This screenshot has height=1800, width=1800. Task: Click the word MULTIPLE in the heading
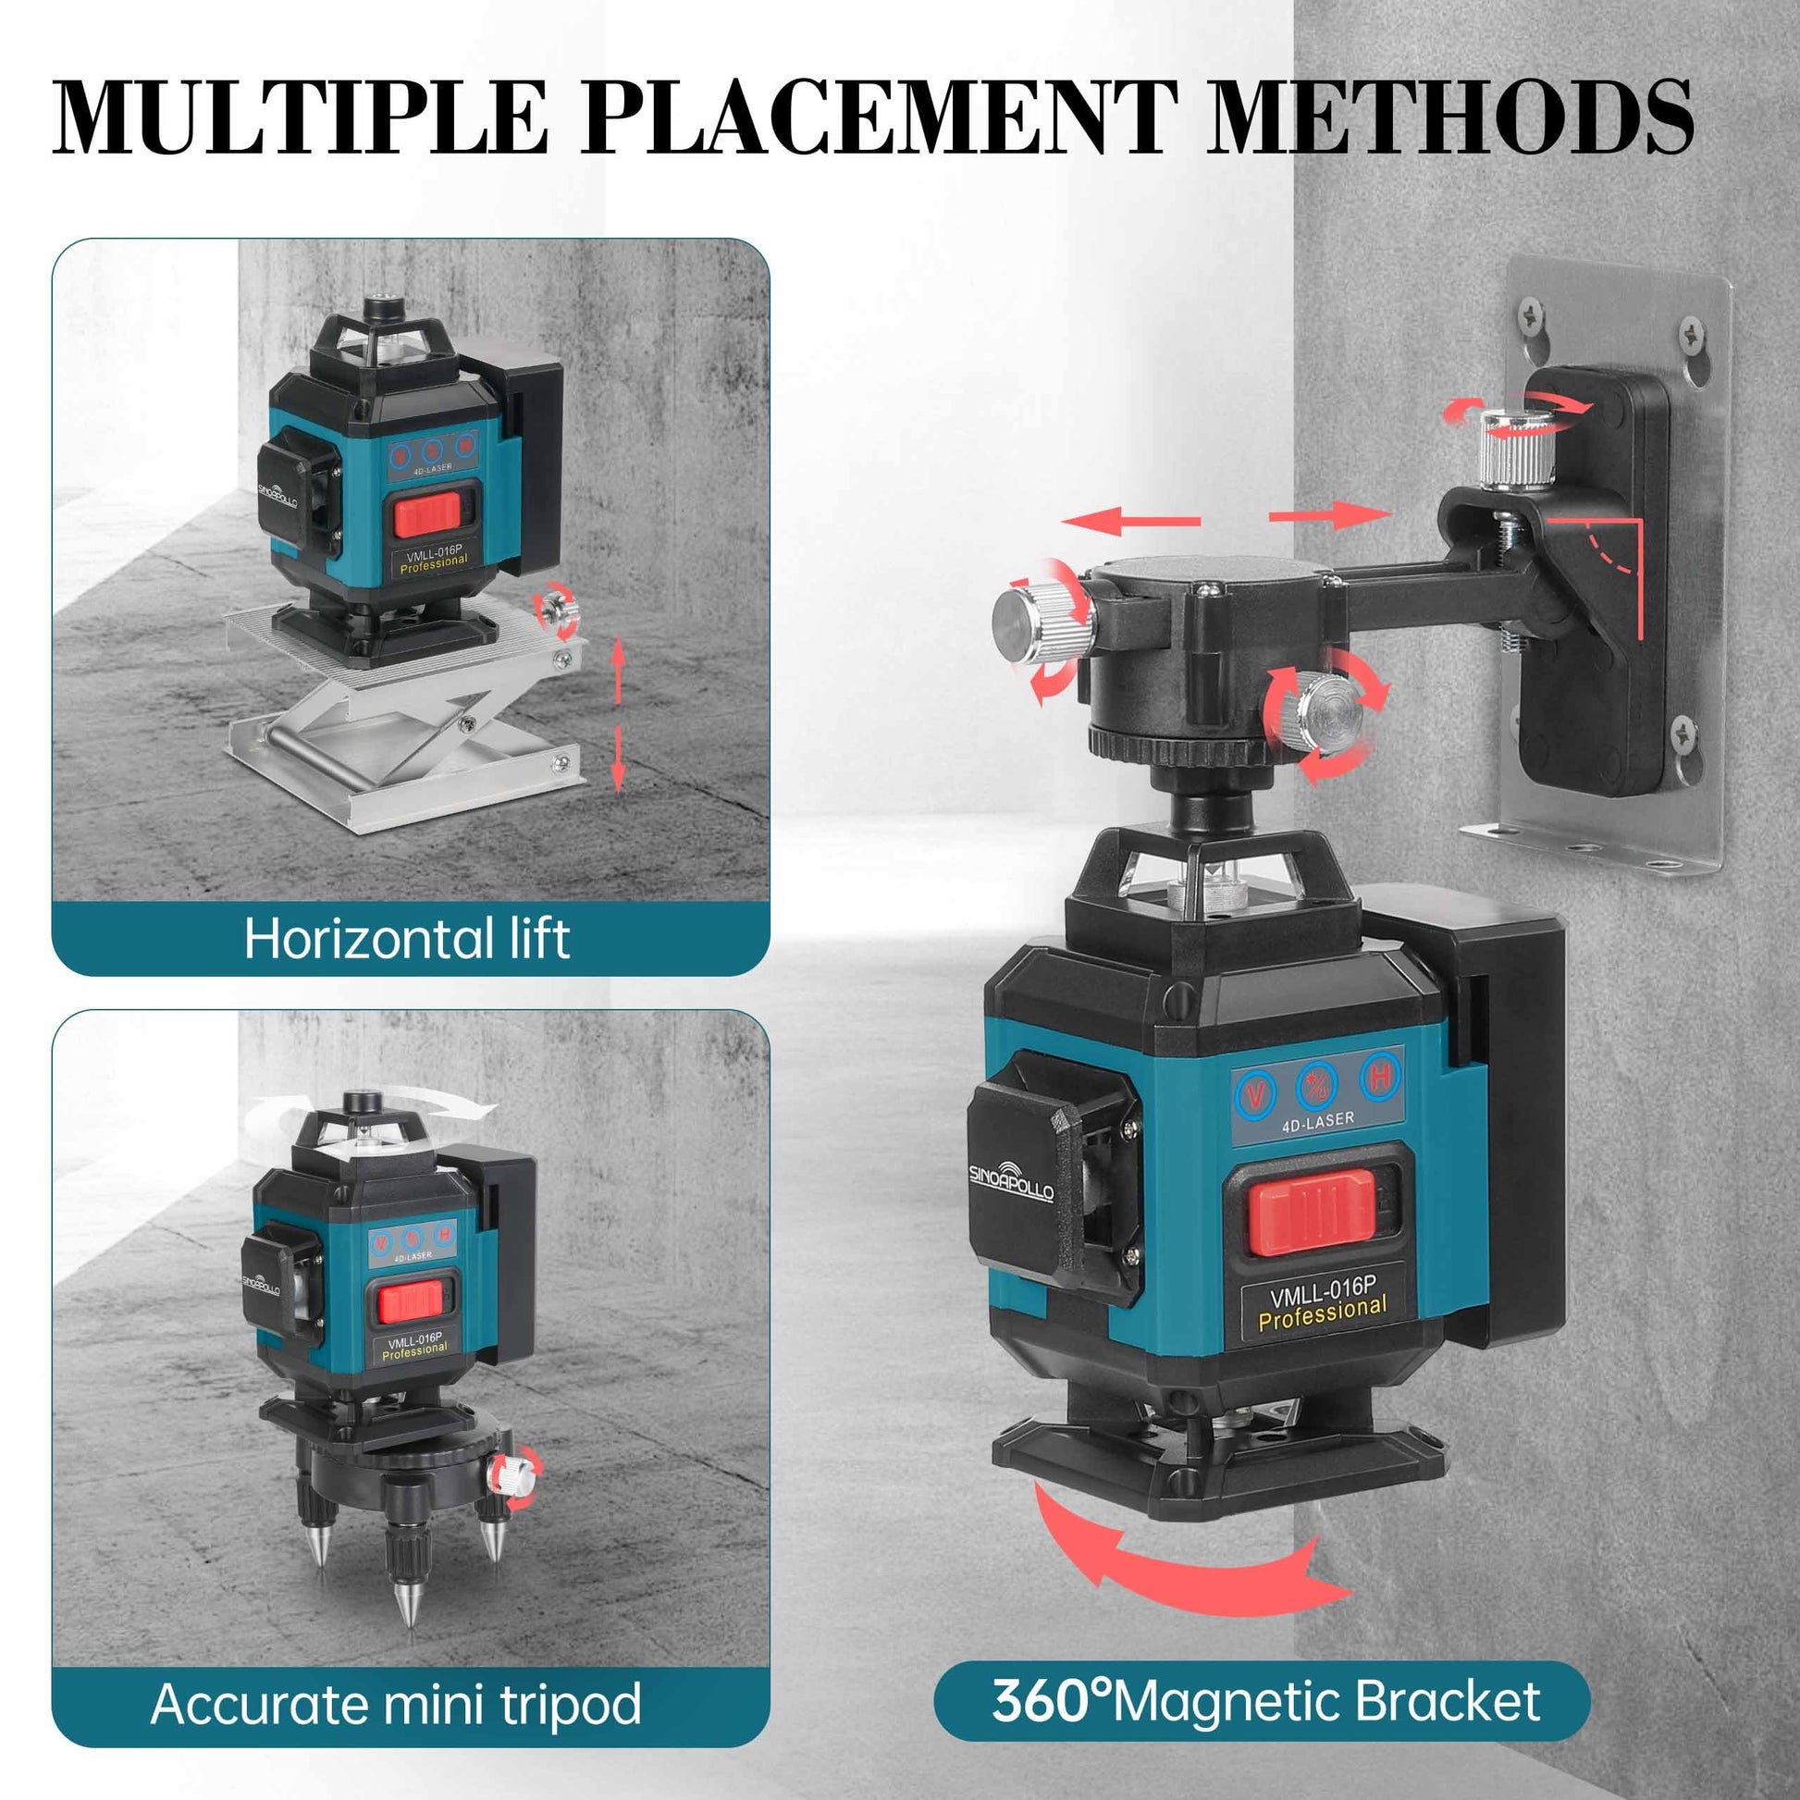click(298, 118)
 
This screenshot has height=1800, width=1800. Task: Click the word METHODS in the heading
click(1450, 118)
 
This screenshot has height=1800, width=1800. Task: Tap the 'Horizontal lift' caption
click(406, 938)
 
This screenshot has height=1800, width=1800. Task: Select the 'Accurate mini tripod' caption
click(396, 1705)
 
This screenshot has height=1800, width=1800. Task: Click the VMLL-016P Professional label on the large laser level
click(1322, 1302)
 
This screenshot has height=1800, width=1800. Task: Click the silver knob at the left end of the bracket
click(1042, 618)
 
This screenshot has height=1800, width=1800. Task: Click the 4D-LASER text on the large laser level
click(1317, 1121)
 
